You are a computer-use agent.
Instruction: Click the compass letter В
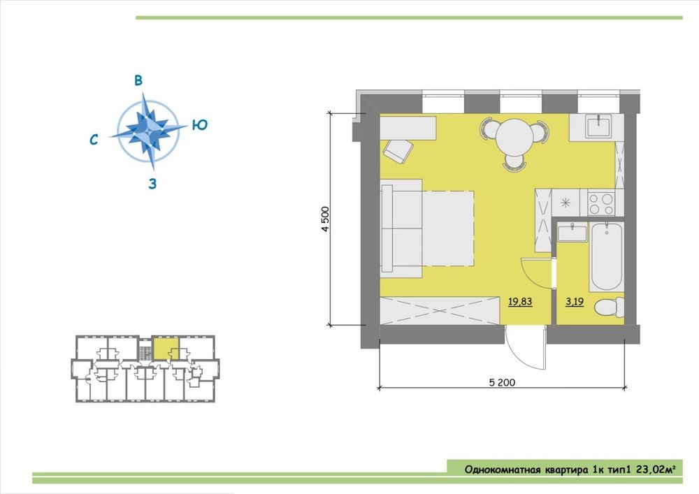point(138,80)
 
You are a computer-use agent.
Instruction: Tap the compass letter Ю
point(200,125)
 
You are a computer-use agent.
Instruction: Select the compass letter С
point(94,140)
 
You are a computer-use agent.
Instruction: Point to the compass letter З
point(152,184)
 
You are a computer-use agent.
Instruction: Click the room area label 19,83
point(520,302)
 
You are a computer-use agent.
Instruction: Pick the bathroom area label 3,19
point(575,302)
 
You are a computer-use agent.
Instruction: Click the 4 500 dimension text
point(326,219)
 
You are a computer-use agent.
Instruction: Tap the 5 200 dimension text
point(502,382)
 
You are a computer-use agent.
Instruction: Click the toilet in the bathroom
point(610,307)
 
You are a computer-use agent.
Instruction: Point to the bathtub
point(606,256)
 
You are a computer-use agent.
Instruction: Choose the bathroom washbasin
point(572,233)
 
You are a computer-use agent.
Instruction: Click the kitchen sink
point(599,126)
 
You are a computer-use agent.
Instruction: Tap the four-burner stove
point(601,203)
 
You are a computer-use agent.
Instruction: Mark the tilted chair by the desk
point(398,151)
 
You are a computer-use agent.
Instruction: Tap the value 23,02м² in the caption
point(654,470)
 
